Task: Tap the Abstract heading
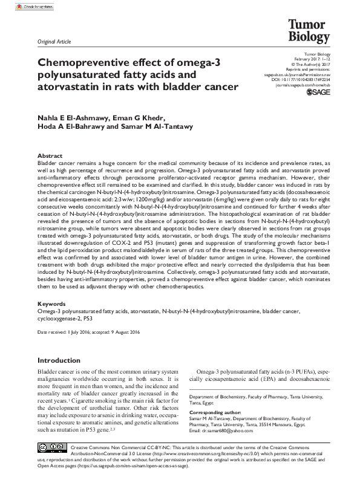tap(50, 155)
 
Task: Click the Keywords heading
tap(51, 303)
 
